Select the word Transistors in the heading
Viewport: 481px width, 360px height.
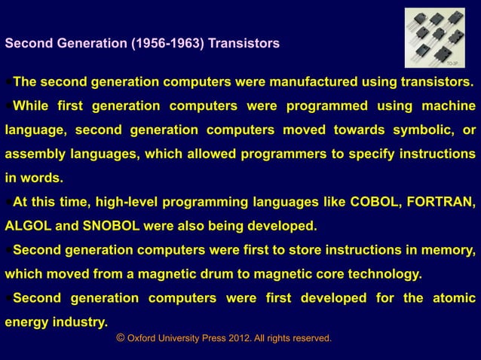244,44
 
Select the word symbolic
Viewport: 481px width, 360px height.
416,130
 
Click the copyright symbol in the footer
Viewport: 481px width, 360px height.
121,339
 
